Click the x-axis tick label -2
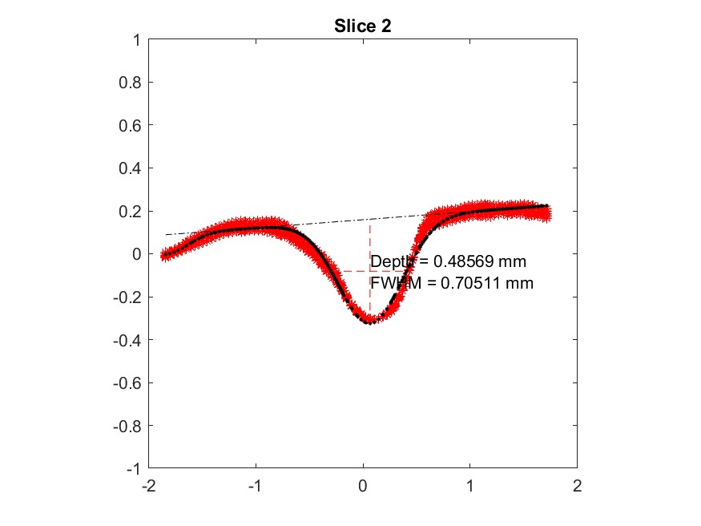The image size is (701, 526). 147,486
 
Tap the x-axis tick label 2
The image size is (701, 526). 577,486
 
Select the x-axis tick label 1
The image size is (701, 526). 470,486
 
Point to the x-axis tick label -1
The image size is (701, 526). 254,486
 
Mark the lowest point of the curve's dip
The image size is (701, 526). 369,322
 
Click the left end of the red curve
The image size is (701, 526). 165,256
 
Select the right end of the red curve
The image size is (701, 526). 547,211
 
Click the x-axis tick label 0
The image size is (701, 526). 363,486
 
